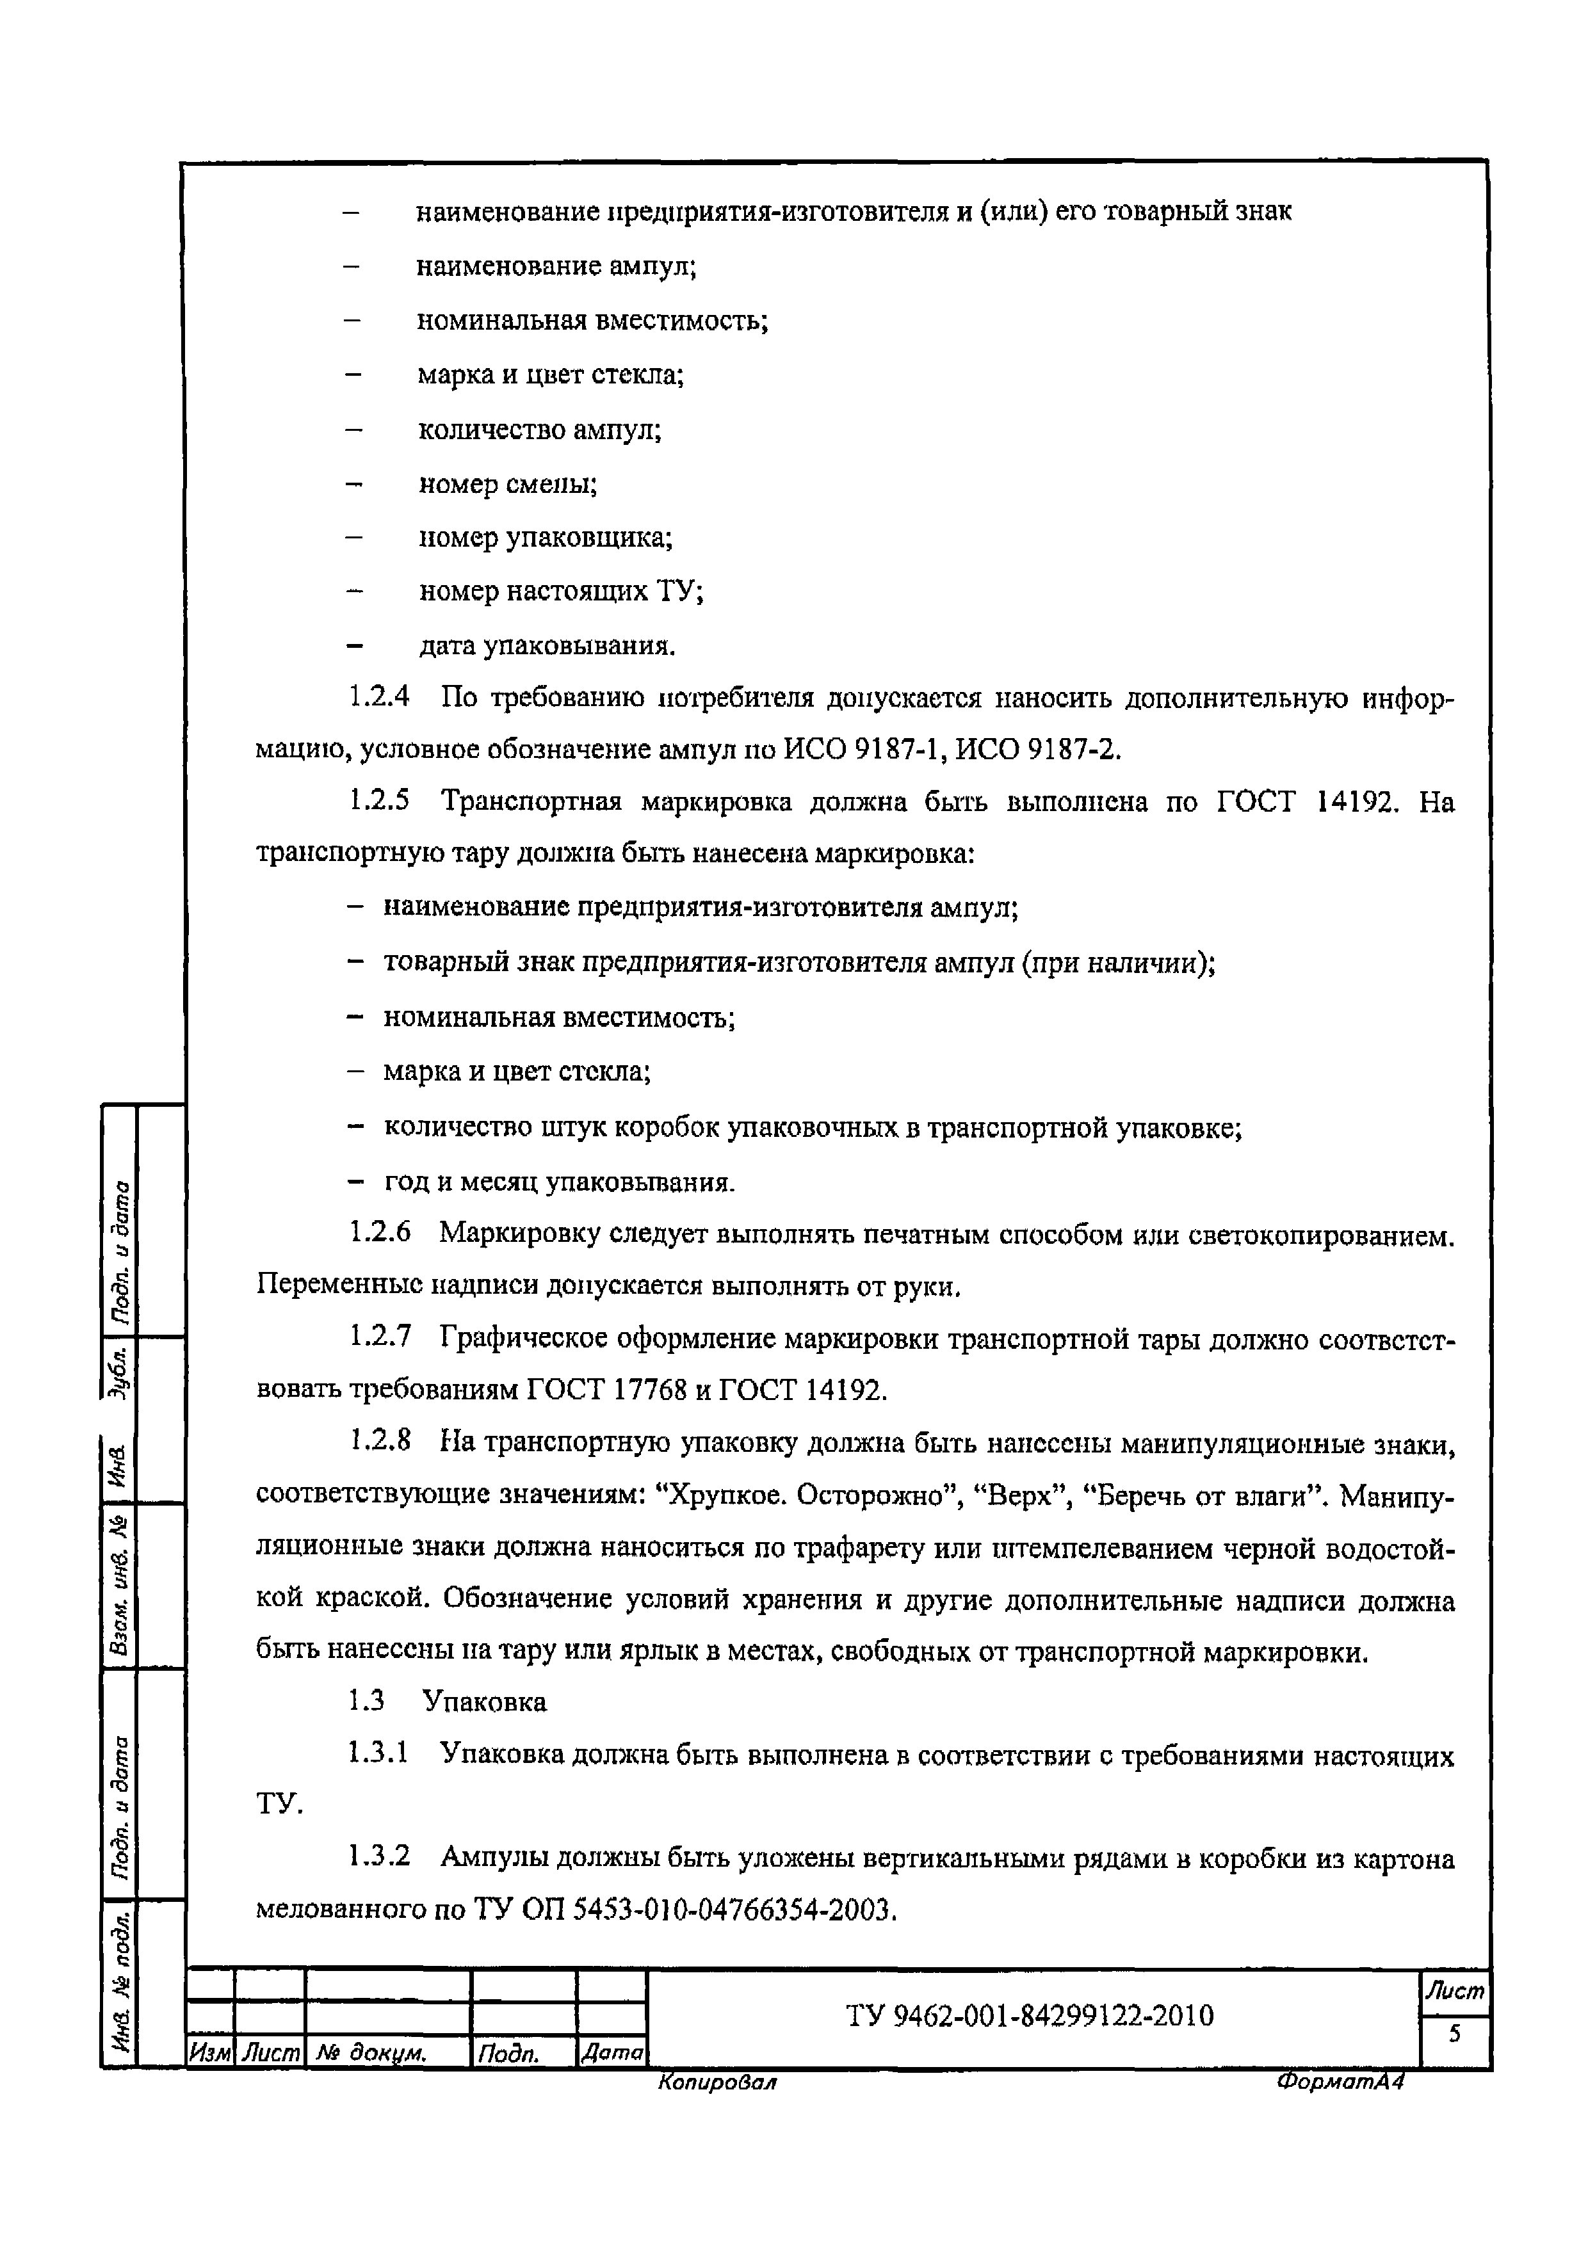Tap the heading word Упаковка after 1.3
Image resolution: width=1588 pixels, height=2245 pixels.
(x=484, y=1702)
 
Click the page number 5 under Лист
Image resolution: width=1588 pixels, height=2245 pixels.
(x=1454, y=2034)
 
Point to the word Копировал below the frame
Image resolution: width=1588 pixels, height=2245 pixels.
(x=717, y=2082)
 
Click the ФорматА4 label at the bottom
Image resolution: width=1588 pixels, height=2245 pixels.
(x=1340, y=2082)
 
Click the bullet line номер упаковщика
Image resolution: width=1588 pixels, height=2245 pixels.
(x=546, y=537)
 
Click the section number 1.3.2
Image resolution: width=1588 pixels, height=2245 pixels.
(x=380, y=1856)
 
